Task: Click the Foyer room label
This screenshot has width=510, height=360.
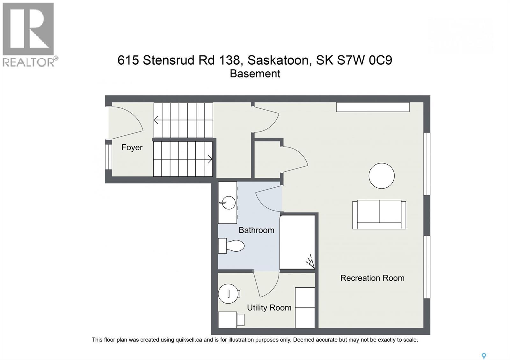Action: pos(132,148)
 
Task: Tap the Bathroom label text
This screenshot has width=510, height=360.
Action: pos(256,230)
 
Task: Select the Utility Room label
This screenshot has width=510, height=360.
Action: pos(269,308)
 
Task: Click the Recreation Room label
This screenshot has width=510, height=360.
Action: pos(372,278)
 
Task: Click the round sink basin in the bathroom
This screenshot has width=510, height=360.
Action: pos(228,202)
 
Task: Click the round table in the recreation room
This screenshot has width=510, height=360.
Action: pos(382,176)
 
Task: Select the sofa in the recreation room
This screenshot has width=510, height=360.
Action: pos(379,214)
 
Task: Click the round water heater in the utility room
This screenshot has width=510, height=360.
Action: pos(229,293)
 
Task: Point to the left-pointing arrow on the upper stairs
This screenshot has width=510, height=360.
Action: pos(157,120)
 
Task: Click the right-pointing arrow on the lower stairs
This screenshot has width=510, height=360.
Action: pos(210,159)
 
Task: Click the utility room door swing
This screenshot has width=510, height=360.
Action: pos(268,284)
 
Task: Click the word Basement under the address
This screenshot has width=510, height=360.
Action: pos(255,74)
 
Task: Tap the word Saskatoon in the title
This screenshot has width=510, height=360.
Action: pos(278,60)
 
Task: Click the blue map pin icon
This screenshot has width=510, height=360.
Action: pos(484,356)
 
